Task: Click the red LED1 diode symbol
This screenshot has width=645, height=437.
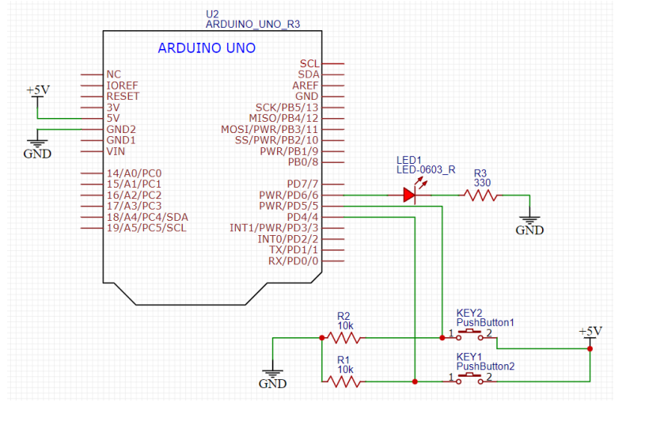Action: click(410, 194)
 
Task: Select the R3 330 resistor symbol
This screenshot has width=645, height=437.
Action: click(481, 195)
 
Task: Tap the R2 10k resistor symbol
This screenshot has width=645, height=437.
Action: click(344, 338)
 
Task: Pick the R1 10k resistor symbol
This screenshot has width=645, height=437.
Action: click(344, 382)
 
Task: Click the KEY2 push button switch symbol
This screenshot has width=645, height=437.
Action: click(472, 336)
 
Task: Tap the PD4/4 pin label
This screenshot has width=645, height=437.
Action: click(302, 217)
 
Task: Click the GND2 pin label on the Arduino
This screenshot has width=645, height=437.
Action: click(121, 129)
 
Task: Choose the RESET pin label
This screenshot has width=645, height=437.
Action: click(123, 96)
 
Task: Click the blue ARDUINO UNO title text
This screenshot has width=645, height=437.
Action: click(207, 48)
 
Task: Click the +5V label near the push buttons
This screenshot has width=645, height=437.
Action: click(590, 331)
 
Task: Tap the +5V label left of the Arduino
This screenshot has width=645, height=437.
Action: click(37, 90)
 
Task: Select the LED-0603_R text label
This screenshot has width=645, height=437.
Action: click(427, 170)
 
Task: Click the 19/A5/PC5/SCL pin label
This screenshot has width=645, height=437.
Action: click(146, 228)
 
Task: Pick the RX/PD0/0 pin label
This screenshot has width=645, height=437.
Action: click(293, 260)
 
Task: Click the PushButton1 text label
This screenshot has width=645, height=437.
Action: click(485, 323)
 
